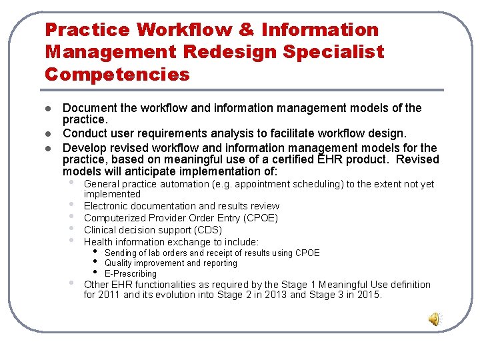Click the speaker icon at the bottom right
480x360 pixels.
(x=434, y=319)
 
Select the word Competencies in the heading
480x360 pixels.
(x=117, y=74)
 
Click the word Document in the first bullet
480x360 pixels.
(x=90, y=108)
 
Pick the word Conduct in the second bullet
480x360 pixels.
(x=85, y=133)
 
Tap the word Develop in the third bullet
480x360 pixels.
(x=85, y=147)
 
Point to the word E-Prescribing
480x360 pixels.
(x=131, y=273)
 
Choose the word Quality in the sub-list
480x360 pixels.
(x=119, y=263)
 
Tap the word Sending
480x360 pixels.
(x=121, y=253)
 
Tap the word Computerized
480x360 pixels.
(x=112, y=218)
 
